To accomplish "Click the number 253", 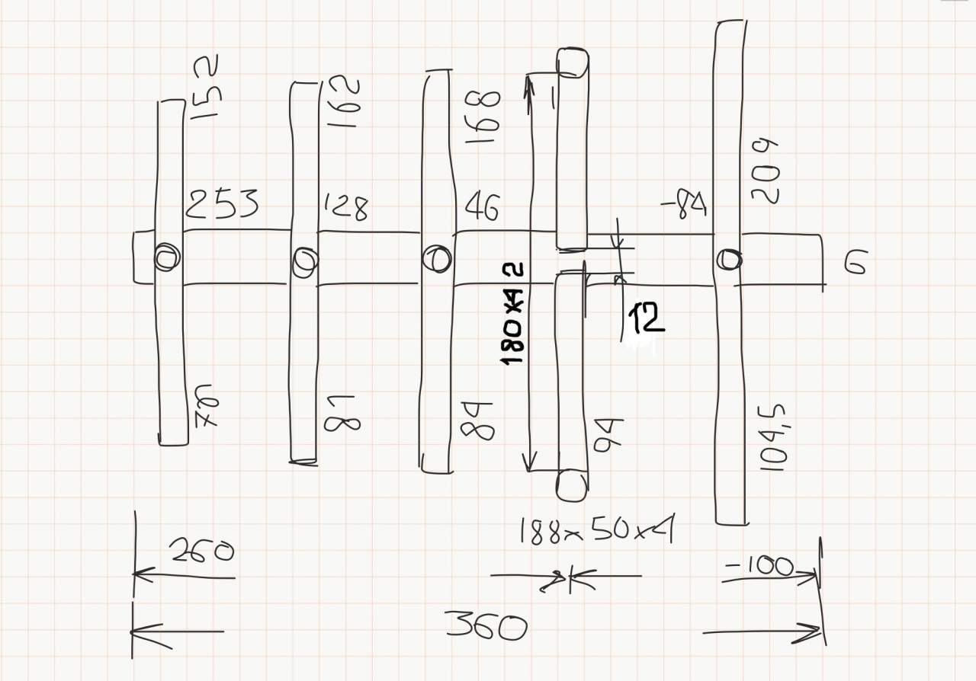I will (x=222, y=204).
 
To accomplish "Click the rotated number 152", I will (x=204, y=87).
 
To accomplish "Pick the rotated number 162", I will (x=341, y=101).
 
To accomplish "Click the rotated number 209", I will (x=764, y=171).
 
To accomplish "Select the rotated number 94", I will (x=608, y=434).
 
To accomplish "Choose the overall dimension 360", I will (x=486, y=628).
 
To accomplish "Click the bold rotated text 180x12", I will (x=515, y=313).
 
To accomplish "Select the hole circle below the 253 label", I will (x=167, y=257).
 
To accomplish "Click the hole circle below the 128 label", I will (x=304, y=261).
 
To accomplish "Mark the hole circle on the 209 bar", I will (x=729, y=260).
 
